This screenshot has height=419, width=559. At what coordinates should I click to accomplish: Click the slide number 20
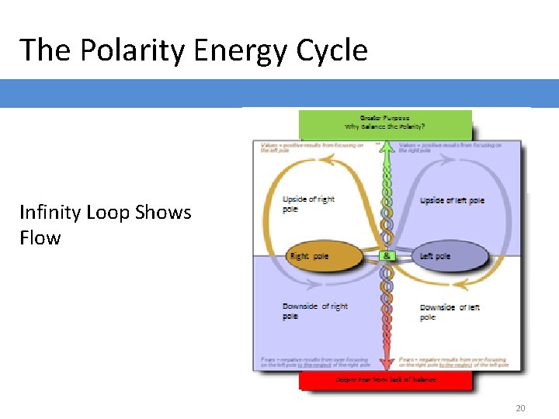coord(519,408)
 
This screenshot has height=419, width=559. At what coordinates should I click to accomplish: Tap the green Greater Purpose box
coord(385,123)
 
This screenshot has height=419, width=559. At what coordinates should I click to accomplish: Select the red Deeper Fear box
coord(385,379)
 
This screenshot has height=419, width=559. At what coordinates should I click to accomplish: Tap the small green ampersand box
coord(386,256)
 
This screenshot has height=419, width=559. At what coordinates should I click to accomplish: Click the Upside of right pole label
coord(308,203)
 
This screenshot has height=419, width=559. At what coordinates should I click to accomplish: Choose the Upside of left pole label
coord(452,200)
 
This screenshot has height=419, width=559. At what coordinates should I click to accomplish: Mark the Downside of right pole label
coord(314,310)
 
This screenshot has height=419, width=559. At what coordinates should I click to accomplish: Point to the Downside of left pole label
coord(450,312)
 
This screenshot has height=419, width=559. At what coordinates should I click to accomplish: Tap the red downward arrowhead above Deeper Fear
coord(386,362)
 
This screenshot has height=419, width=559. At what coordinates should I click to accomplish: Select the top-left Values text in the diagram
coord(311,147)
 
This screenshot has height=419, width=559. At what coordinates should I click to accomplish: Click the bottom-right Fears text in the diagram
coord(452,362)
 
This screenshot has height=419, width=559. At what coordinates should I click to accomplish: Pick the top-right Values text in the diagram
coord(450,147)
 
